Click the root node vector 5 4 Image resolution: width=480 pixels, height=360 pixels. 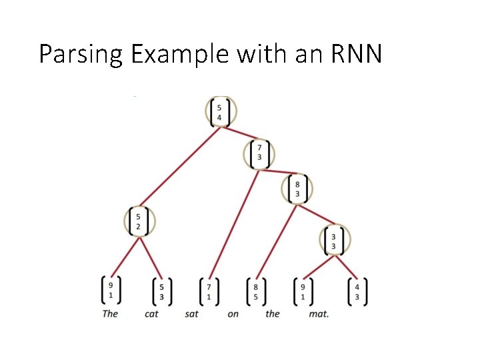pyautogui.click(x=219, y=112)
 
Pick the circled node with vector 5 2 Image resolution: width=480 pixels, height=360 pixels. pyautogui.click(x=139, y=221)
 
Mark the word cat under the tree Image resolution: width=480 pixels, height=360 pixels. pyautogui.click(x=152, y=313)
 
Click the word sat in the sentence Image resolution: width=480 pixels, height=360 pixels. pyautogui.click(x=192, y=313)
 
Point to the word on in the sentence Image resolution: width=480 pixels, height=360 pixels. pyautogui.click(x=233, y=313)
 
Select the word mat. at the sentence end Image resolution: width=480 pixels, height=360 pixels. pyautogui.click(x=319, y=313)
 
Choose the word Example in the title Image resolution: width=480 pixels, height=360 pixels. pyautogui.click(x=179, y=55)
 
